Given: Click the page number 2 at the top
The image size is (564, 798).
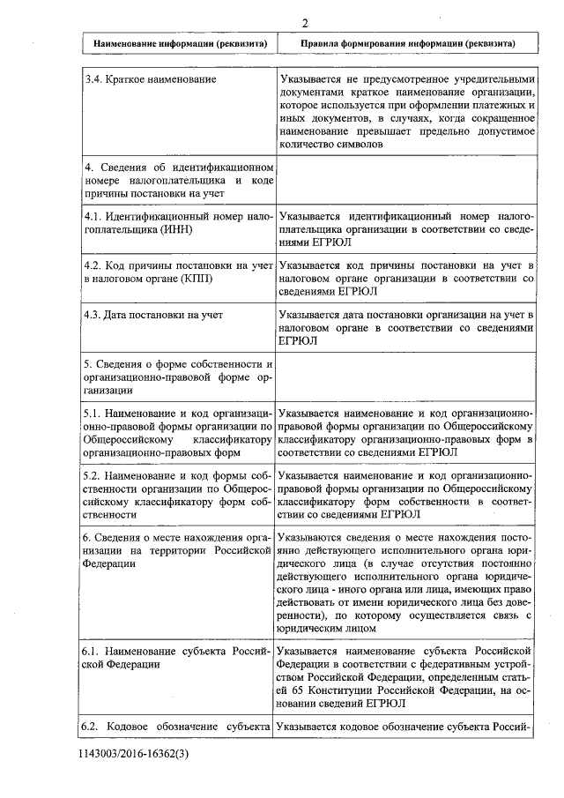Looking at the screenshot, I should point(303,24).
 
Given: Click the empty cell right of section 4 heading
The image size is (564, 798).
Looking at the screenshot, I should point(406,181).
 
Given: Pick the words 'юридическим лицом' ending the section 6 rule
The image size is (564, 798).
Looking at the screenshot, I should point(327,629).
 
